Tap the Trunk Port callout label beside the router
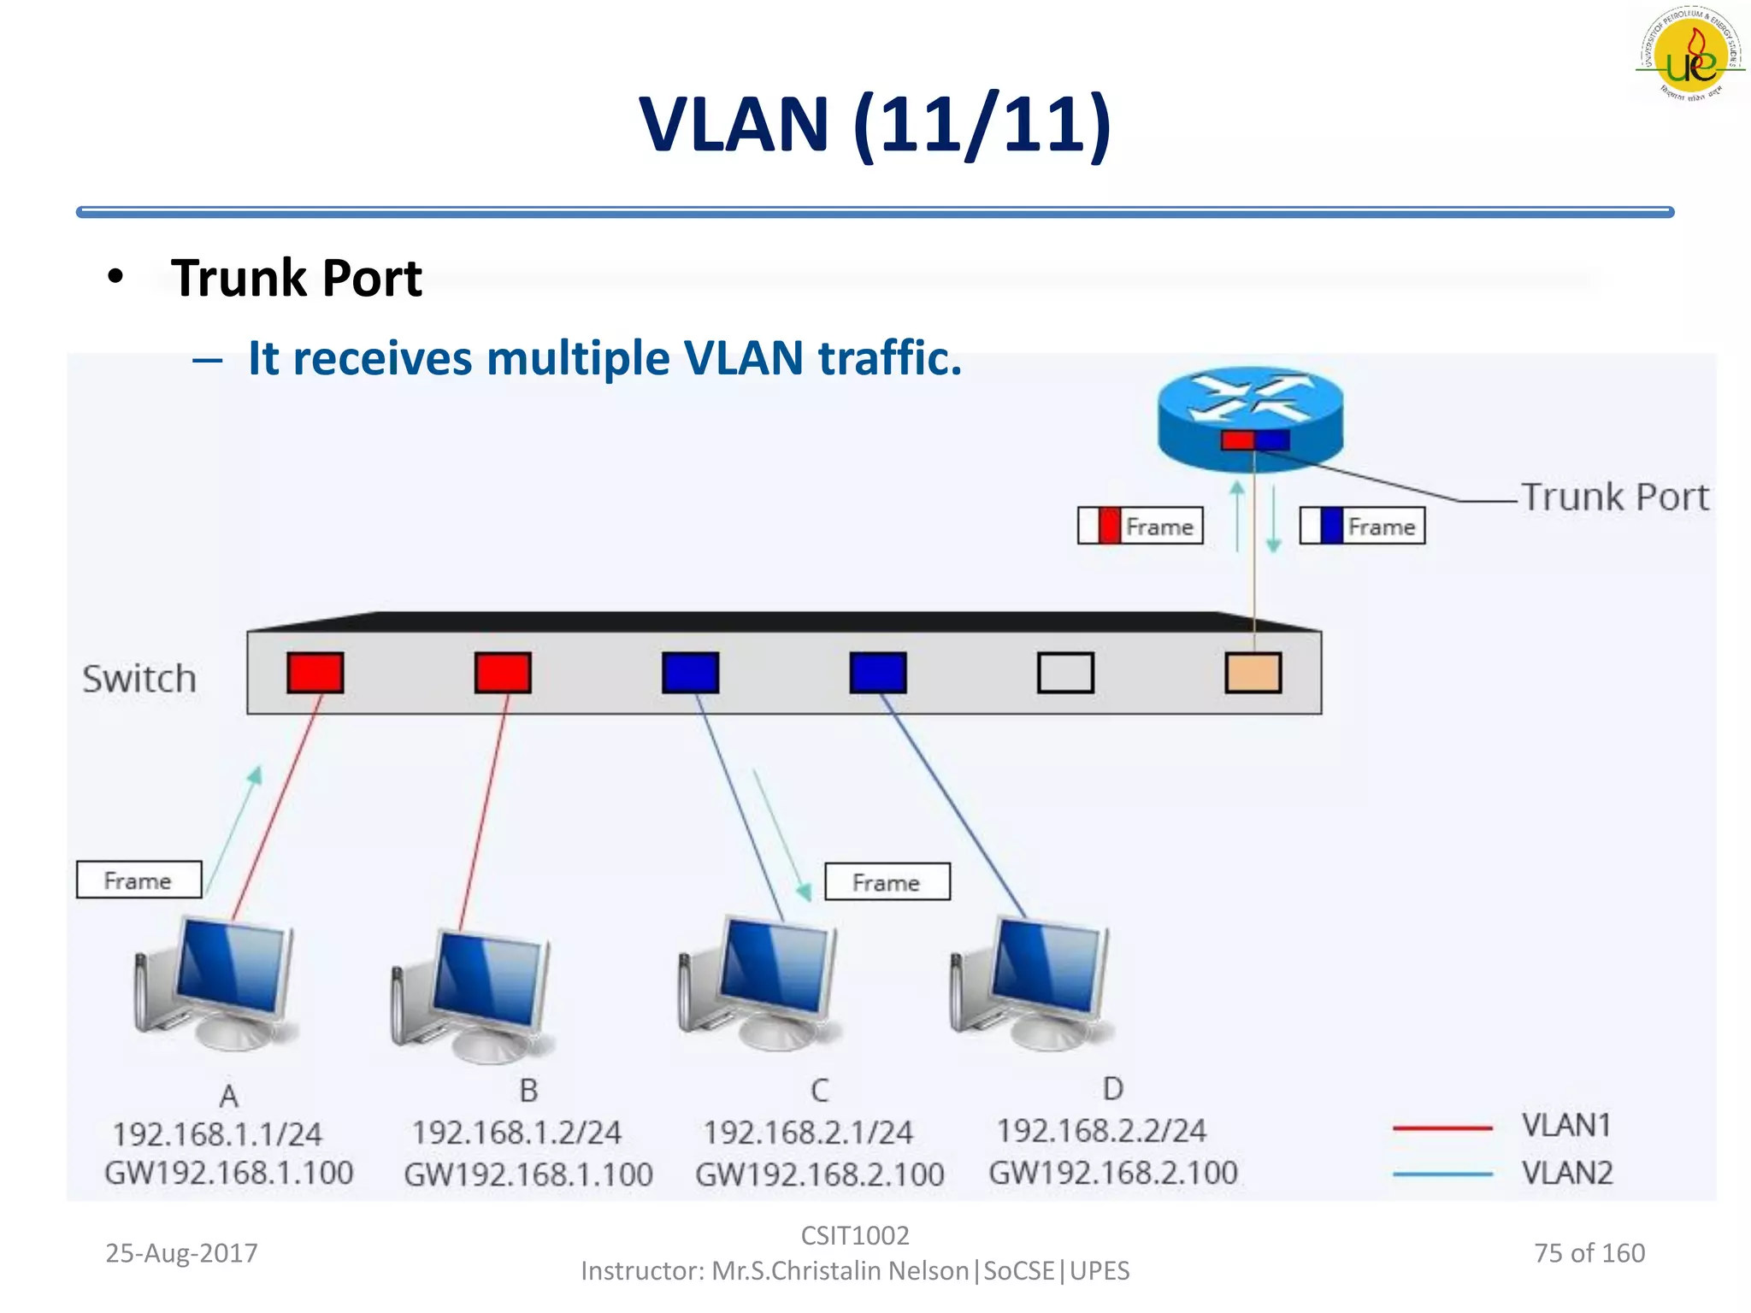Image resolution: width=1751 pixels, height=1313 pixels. point(1615,497)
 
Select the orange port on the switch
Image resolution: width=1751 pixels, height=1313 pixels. point(1253,673)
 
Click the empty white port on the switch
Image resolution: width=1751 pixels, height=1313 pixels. point(1065,673)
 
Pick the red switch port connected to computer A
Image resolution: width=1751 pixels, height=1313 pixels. point(315,673)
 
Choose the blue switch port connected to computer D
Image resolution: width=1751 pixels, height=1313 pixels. point(878,673)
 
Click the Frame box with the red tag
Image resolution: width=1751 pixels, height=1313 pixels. point(1141,526)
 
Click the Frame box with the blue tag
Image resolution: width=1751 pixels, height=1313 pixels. point(1362,526)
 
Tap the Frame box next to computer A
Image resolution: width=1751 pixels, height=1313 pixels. point(139,880)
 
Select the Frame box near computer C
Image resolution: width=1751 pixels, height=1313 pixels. point(887,881)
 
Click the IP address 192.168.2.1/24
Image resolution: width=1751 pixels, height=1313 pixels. point(808,1133)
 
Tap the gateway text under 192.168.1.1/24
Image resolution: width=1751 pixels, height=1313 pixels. point(229,1173)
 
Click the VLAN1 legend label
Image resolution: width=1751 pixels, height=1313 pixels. point(1566,1126)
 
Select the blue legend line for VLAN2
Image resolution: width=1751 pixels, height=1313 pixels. point(1442,1174)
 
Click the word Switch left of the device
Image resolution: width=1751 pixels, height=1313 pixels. point(139,679)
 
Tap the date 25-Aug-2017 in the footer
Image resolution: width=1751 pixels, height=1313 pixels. point(181,1253)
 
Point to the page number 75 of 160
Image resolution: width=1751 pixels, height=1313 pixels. point(1589,1253)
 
